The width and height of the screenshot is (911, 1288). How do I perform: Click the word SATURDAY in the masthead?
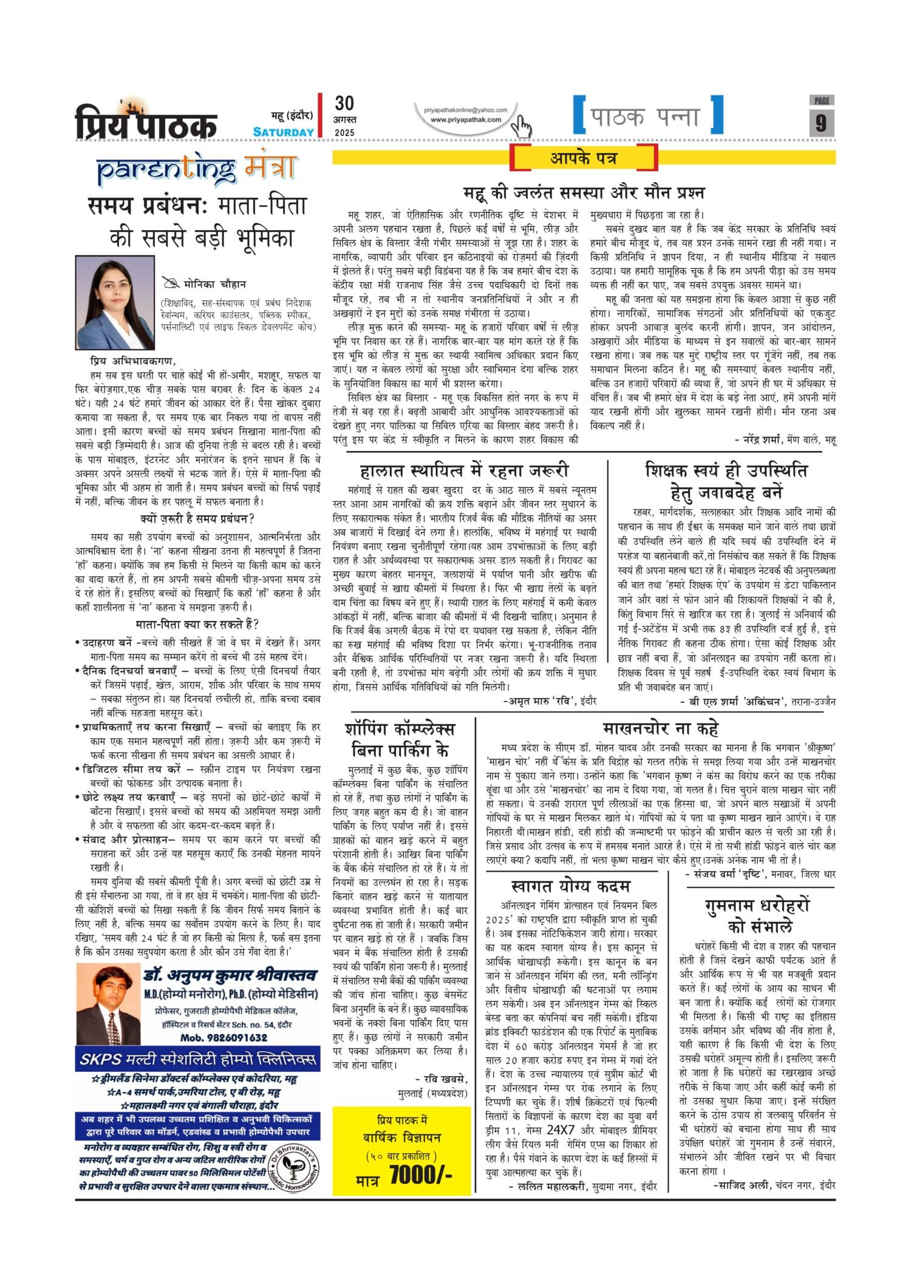point(284,132)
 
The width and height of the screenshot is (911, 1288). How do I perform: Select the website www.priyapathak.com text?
point(466,120)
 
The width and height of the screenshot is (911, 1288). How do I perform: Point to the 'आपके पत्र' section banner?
point(584,158)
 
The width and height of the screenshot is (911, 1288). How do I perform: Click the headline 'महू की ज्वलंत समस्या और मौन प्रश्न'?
point(584,193)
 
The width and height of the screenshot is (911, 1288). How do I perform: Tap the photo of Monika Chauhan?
point(115,302)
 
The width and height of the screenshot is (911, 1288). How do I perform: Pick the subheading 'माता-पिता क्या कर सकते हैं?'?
point(197,624)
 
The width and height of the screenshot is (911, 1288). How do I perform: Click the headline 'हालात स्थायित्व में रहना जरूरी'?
point(464,470)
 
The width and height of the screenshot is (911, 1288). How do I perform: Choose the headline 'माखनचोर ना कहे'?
point(661,728)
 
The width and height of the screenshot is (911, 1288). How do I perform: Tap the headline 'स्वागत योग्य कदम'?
point(571,886)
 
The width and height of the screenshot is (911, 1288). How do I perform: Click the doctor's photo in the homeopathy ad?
point(109,1004)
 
